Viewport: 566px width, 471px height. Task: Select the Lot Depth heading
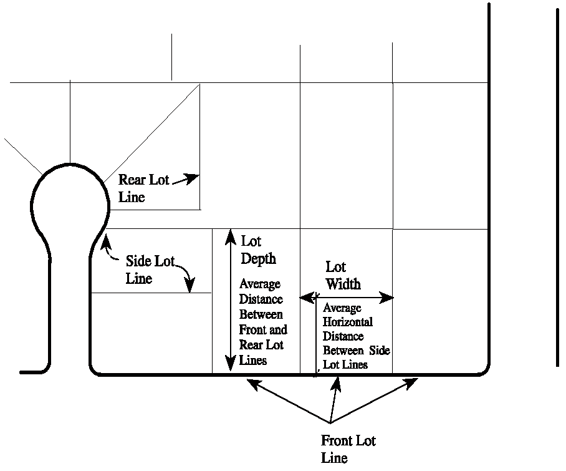[258, 250]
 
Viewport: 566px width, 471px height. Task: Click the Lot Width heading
[343, 275]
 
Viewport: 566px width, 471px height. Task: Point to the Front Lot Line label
[348, 449]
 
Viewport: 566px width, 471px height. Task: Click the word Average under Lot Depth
[260, 284]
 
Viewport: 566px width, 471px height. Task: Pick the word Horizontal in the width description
[348, 322]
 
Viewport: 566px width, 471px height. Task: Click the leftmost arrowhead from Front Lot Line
[252, 383]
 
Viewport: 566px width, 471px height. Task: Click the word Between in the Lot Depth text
[261, 314]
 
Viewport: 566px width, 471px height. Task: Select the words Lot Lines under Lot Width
[345, 365]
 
